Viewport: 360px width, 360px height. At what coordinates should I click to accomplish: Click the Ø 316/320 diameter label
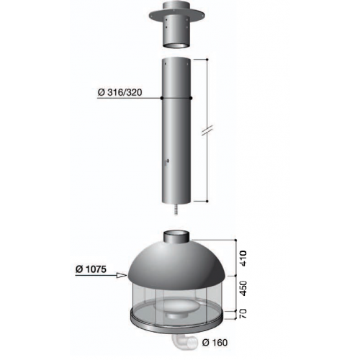[x=120, y=92]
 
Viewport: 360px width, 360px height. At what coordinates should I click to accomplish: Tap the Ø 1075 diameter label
[x=91, y=269]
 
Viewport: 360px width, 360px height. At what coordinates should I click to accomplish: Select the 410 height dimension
[x=243, y=258]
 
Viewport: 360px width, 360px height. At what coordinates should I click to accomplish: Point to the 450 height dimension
[x=243, y=288]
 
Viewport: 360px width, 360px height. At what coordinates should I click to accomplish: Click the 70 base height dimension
[x=243, y=314]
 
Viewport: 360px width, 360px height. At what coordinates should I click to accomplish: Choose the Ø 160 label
[x=215, y=343]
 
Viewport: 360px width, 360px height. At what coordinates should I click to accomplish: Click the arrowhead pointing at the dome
[x=122, y=275]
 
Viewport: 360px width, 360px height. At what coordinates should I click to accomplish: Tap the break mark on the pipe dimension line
[x=207, y=130]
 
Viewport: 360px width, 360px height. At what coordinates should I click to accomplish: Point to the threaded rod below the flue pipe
[x=176, y=209]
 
